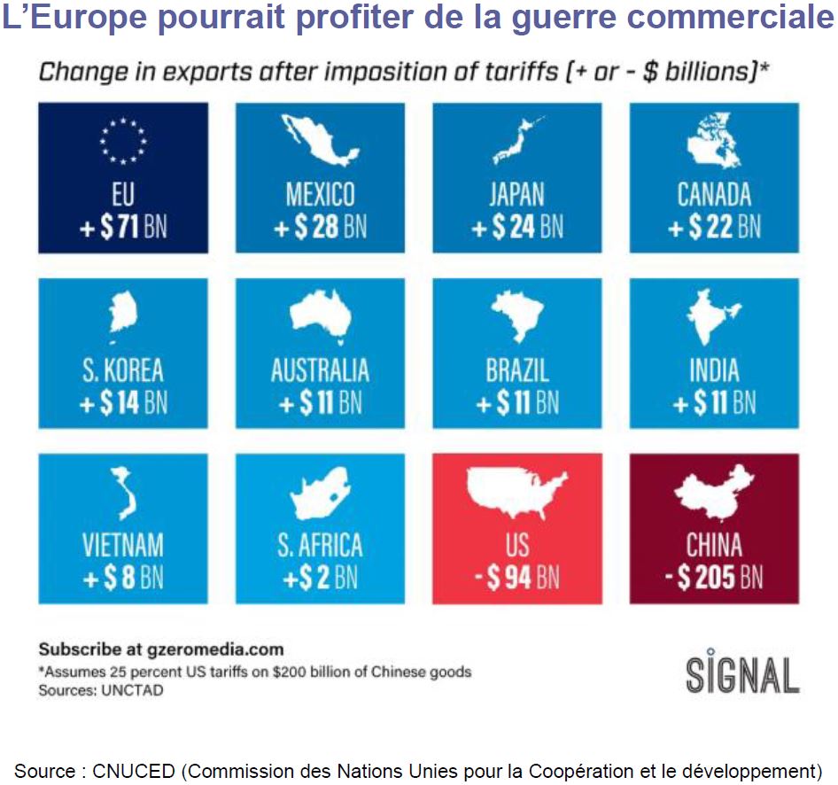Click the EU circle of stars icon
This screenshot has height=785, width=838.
123,140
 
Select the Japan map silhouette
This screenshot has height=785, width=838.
516,141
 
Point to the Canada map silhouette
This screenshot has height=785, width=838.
714,142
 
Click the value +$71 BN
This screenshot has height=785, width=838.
123,228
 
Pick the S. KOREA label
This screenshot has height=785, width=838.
123,369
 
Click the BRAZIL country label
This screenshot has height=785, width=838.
517,369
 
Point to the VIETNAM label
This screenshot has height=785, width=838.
123,544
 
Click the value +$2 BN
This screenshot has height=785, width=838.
320,579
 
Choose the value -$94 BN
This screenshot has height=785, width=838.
517,579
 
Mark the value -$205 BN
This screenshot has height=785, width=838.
714,579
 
